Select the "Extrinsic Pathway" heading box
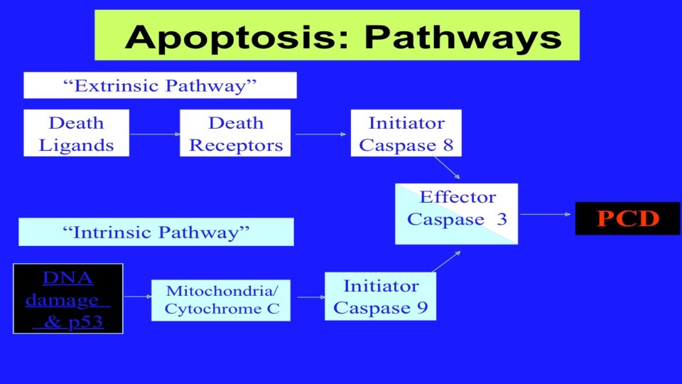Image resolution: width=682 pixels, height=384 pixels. (160, 86)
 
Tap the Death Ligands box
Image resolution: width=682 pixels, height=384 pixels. (76, 134)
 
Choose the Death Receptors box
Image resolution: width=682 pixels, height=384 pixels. (236, 134)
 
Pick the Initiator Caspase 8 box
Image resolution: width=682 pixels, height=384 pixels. (406, 134)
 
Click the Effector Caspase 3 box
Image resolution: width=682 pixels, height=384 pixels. (457, 213)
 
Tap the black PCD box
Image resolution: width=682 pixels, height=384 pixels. (627, 218)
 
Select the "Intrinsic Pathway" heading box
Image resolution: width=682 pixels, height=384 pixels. (156, 232)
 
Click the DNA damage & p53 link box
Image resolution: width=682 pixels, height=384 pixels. (68, 299)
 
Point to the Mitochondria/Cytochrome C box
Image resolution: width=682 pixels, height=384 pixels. (221, 299)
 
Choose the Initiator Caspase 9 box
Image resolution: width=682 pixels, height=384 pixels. (381, 297)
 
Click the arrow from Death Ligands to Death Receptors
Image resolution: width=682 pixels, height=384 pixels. (154, 134)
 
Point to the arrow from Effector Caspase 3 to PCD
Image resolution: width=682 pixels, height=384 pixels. (546, 213)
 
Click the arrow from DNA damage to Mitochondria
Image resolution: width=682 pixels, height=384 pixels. (137, 296)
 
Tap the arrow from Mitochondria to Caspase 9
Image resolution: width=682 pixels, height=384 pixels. (308, 297)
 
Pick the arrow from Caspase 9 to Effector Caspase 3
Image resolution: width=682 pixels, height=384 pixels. (447, 261)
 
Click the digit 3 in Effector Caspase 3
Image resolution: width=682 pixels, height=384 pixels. (502, 219)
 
